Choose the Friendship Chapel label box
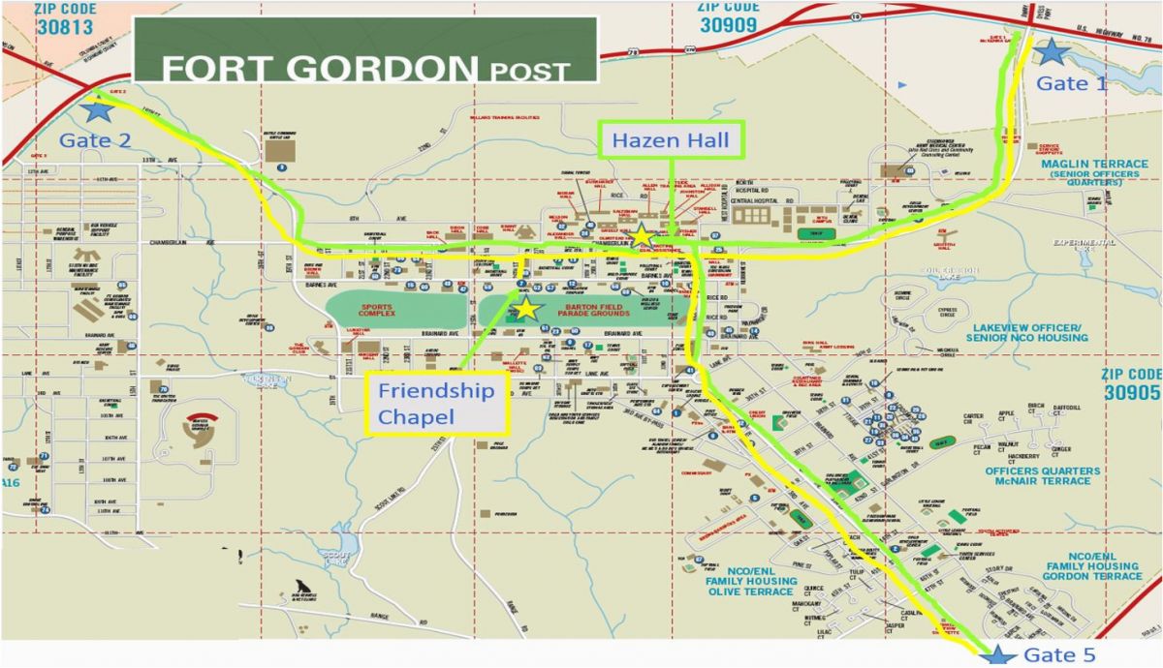click(436, 404)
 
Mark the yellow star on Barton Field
click(526, 309)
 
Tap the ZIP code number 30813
click(66, 27)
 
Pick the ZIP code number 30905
click(1131, 393)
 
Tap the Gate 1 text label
click(1071, 83)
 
